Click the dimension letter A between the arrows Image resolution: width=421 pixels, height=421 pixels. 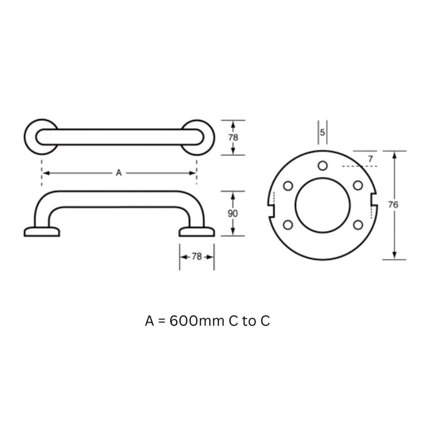[119, 173]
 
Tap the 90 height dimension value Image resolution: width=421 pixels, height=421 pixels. [233, 214]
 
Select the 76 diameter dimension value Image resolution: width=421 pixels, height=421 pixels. [393, 205]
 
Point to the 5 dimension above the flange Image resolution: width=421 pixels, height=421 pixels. [323, 132]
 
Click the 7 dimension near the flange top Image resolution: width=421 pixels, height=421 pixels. [370, 159]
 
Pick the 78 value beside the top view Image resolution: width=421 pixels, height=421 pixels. [233, 137]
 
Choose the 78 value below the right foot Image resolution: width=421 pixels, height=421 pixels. [196, 257]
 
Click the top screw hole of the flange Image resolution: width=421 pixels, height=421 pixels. [323, 166]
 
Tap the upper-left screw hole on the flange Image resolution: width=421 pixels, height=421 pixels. [288, 186]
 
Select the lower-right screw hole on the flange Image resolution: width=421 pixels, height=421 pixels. [358, 225]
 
